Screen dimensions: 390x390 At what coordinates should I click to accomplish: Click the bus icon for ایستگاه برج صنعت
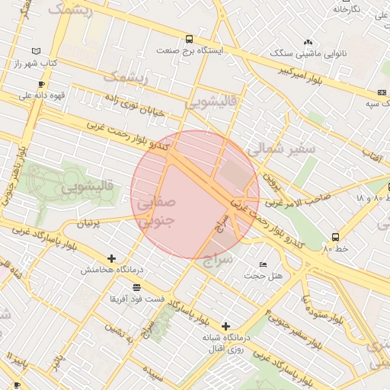point(189,39)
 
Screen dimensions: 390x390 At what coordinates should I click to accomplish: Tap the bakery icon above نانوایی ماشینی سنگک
point(308,43)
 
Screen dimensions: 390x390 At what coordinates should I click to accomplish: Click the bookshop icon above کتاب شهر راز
point(37,51)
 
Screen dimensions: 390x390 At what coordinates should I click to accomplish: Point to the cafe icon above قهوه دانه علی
point(41,84)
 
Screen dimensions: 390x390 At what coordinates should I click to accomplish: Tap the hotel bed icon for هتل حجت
point(263,264)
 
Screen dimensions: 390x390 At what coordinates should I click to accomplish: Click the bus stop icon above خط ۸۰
point(335,237)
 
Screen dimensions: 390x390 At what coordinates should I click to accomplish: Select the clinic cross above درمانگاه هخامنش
point(112,259)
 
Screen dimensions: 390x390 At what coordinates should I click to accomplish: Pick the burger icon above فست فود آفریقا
point(136,287)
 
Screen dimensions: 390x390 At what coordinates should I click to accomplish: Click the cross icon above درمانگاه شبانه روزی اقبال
point(225,326)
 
